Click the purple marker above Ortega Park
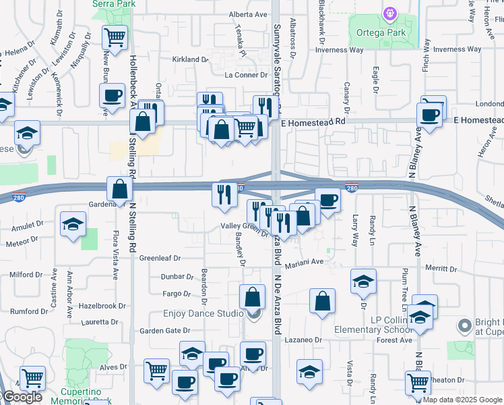pos(389,13)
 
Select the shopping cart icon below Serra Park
pos(116,37)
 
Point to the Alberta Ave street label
pos(249,14)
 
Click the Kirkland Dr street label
pos(191,59)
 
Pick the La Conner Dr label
pos(246,75)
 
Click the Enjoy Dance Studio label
pos(203,314)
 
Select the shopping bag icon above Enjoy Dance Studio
pos(252,296)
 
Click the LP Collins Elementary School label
pos(367,325)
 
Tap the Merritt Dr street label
pos(441,268)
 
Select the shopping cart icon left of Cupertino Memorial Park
pos(32,378)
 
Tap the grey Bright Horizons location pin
pos(464,327)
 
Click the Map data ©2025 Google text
pos(462,400)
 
